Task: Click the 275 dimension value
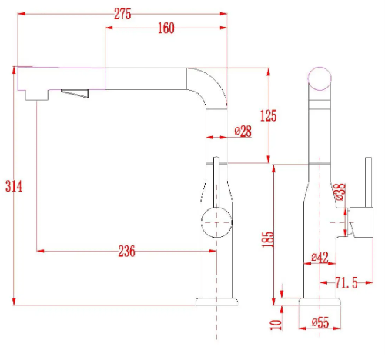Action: pos(122,14)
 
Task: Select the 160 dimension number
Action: pos(166,28)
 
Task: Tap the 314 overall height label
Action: pos(14,186)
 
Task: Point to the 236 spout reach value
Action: pos(126,252)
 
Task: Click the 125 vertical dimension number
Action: pos(269,115)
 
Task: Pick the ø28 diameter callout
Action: pos(243,132)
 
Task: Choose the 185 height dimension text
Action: pos(268,239)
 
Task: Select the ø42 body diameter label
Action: pos(320,257)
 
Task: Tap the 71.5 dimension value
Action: pos(346,283)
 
